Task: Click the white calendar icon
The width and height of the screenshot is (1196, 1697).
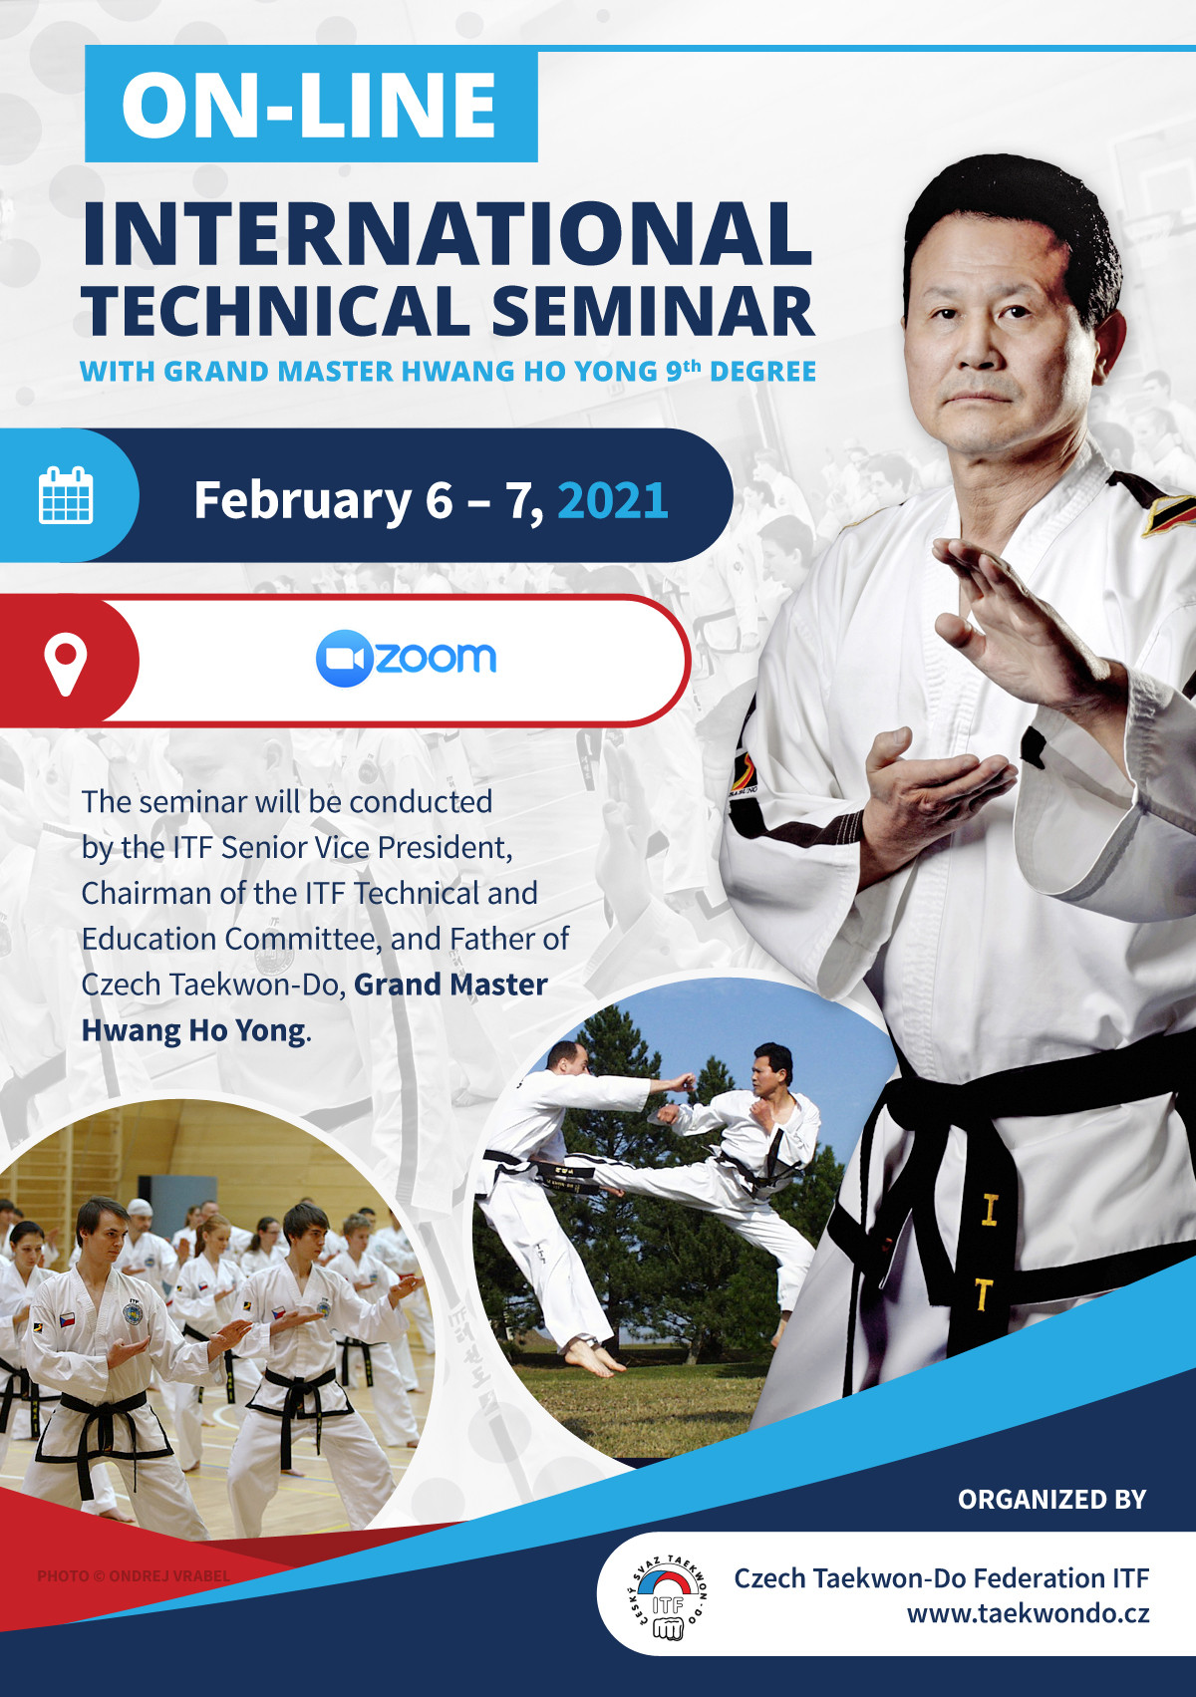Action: [66, 495]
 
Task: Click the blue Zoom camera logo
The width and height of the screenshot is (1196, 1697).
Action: [344, 659]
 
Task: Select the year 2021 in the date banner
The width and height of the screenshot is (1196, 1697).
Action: [612, 501]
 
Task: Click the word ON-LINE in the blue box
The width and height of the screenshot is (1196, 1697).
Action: [309, 106]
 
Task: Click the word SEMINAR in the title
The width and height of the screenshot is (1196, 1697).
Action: [653, 311]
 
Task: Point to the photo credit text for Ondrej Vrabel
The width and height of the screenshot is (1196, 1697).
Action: [134, 1575]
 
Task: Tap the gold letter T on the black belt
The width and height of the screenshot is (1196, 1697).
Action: [983, 1294]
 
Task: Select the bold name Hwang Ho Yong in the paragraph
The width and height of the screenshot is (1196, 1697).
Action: [193, 1031]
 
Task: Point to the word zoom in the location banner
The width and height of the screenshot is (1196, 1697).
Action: [436, 658]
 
